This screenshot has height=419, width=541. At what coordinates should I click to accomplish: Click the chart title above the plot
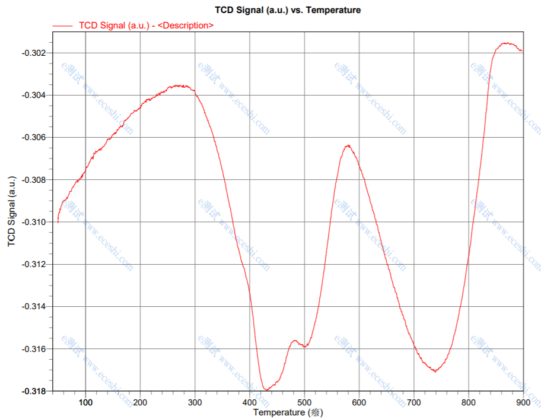pyautogui.click(x=288, y=10)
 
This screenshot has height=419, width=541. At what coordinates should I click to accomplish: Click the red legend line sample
pyautogui.click(x=63, y=26)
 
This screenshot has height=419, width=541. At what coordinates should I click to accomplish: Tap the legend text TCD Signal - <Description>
pyautogui.click(x=146, y=26)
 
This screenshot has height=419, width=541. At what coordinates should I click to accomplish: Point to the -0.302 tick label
pyautogui.click(x=34, y=53)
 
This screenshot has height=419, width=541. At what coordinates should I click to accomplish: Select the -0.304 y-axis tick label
pyautogui.click(x=34, y=95)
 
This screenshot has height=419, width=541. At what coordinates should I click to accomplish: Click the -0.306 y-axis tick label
pyautogui.click(x=34, y=137)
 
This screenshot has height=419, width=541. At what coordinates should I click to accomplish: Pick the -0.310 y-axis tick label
pyautogui.click(x=34, y=222)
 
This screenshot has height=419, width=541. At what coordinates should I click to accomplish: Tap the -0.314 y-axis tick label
pyautogui.click(x=34, y=306)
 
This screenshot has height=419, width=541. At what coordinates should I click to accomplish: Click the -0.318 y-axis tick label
pyautogui.click(x=34, y=391)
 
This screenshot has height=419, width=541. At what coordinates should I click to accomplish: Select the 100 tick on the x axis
pyautogui.click(x=85, y=402)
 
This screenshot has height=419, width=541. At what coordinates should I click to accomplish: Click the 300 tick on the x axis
pyautogui.click(x=195, y=402)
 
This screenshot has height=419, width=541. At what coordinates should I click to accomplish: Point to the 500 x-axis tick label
pyautogui.click(x=304, y=402)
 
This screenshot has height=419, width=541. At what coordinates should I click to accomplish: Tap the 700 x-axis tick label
pyautogui.click(x=414, y=402)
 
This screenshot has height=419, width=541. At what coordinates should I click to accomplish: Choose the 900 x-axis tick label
pyautogui.click(x=523, y=402)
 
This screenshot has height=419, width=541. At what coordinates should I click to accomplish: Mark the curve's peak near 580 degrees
pyautogui.click(x=348, y=145)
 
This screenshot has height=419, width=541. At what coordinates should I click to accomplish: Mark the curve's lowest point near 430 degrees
pyautogui.click(x=266, y=389)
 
